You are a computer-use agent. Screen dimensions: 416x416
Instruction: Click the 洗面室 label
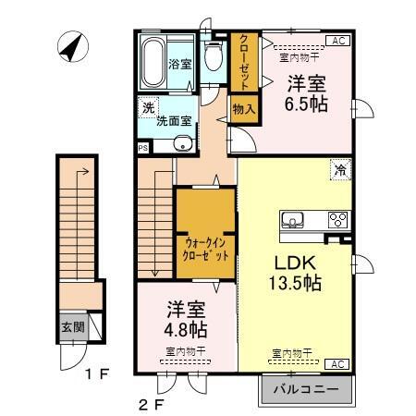173,118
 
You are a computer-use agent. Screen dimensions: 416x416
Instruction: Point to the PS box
142,147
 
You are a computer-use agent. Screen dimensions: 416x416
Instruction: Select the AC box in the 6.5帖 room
339,42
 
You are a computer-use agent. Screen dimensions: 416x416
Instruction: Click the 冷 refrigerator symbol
339,169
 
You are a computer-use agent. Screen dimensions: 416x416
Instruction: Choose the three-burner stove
336,221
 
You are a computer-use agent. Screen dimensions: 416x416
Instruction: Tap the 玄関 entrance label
73,327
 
